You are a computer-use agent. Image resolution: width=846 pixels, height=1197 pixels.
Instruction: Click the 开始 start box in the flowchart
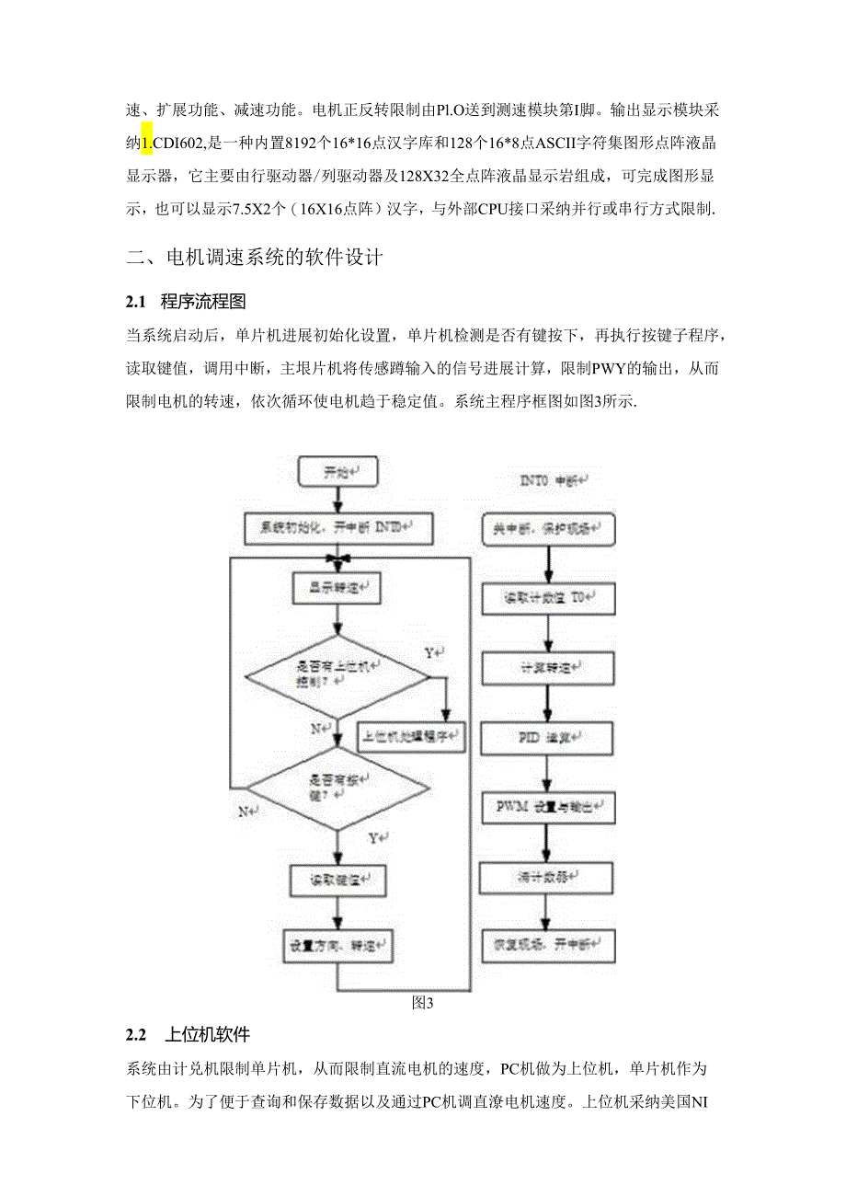click(338, 473)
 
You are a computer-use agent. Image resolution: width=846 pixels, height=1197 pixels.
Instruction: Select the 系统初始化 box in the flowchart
click(338, 528)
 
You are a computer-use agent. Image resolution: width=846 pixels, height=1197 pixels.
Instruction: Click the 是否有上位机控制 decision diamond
click(337, 675)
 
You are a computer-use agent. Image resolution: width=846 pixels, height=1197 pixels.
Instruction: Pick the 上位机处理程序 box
click(416, 735)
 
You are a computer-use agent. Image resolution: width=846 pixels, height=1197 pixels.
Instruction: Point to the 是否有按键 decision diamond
click(337, 787)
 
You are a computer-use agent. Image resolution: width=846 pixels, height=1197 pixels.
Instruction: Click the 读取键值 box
click(337, 880)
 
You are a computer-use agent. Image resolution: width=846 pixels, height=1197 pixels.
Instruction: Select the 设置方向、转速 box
click(337, 943)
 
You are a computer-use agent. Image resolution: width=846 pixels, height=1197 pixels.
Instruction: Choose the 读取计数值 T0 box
click(548, 599)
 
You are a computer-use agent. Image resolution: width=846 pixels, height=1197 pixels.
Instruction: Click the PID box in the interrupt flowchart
click(548, 738)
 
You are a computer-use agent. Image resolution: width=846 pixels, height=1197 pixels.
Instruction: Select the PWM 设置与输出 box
click(548, 807)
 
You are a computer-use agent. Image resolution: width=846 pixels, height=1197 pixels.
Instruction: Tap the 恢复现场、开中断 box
click(548, 945)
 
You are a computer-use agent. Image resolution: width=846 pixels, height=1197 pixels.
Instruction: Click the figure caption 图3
click(423, 1004)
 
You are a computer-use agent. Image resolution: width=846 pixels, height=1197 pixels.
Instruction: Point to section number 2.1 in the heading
click(136, 301)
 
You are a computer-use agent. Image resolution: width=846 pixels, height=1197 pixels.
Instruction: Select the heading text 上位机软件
click(207, 1035)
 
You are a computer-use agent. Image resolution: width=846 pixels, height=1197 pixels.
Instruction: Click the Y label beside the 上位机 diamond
click(429, 652)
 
